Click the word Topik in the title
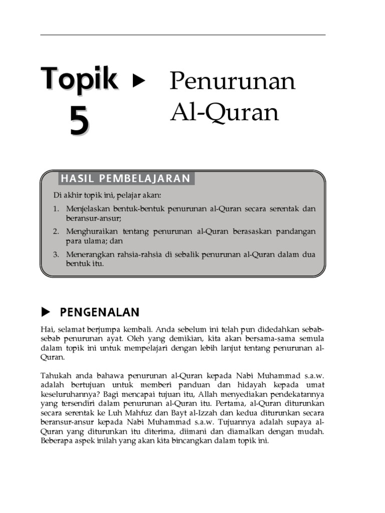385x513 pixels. pyautogui.click(x=80, y=79)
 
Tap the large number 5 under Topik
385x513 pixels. pyautogui.click(x=79, y=122)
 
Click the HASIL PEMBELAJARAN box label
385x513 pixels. pyautogui.click(x=125, y=178)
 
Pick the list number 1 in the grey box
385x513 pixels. pyautogui.click(x=56, y=209)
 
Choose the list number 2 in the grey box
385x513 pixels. pyautogui.click(x=56, y=231)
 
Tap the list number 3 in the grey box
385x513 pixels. pyautogui.click(x=56, y=254)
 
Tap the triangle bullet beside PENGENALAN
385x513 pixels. pyautogui.click(x=46, y=313)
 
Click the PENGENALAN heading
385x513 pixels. pyautogui.click(x=99, y=313)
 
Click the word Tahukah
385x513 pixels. pyautogui.click(x=55, y=375)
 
